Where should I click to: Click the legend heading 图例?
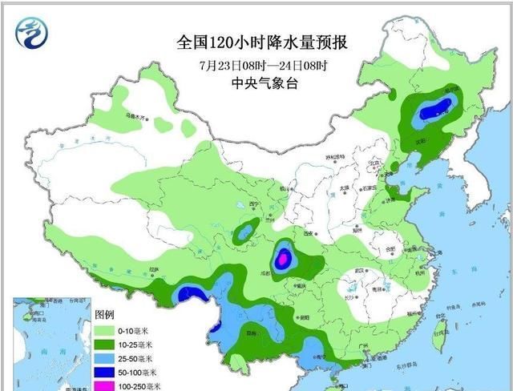tap(104, 313)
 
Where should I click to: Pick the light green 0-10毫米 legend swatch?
tap(105, 329)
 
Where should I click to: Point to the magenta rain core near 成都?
tap(282, 259)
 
